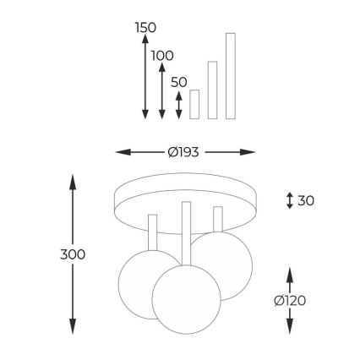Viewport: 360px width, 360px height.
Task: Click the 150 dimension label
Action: [145, 28]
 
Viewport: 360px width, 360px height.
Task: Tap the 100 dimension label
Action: [162, 56]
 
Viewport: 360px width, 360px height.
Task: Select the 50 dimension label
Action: [179, 82]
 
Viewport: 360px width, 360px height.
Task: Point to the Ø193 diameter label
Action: [183, 152]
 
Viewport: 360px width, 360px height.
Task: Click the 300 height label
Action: [73, 254]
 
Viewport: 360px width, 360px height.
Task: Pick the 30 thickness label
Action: [306, 201]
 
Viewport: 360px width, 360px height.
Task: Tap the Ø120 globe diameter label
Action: [290, 301]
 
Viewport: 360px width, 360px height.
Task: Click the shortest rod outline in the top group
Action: [194, 104]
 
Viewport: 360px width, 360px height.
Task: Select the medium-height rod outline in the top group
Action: [212, 90]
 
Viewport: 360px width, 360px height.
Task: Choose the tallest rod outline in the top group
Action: [231, 76]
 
